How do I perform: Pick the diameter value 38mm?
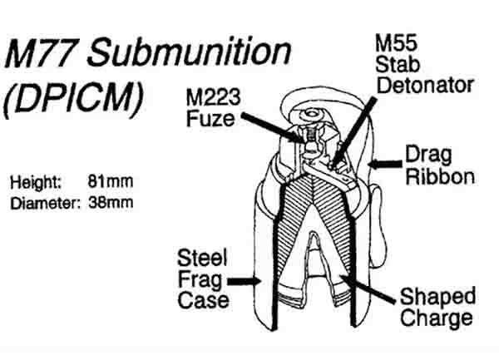click(110, 201)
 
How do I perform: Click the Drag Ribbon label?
click(439, 165)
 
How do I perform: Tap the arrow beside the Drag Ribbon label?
click(383, 164)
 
